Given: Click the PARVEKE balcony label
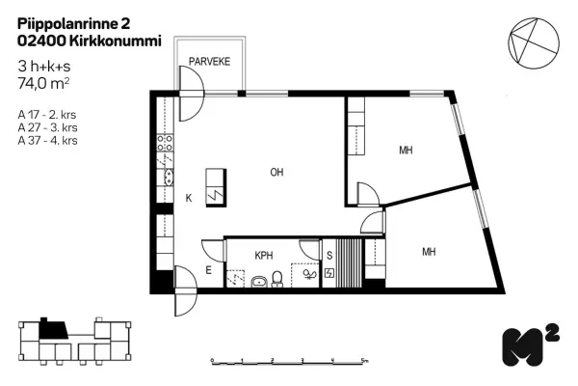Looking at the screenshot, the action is click(x=209, y=62).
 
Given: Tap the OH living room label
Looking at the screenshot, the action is click(x=276, y=172).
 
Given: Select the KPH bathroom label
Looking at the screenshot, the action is click(x=264, y=255).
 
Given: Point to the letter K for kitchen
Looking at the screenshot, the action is click(x=189, y=199).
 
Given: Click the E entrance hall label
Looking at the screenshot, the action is click(x=209, y=270).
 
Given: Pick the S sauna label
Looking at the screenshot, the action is click(x=329, y=255).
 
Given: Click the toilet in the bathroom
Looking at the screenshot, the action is click(x=276, y=279).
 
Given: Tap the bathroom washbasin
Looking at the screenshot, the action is click(x=260, y=282).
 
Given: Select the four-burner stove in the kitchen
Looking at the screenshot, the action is click(x=165, y=143).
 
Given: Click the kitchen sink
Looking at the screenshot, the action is click(x=169, y=178).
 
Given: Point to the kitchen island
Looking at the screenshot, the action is click(x=216, y=187).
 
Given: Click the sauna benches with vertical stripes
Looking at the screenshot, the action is click(x=349, y=263).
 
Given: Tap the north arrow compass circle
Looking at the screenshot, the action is click(x=534, y=43).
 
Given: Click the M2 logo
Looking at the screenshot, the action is click(x=531, y=345).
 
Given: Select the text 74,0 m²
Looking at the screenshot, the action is click(x=43, y=84).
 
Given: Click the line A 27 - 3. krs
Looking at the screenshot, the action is click(x=47, y=127).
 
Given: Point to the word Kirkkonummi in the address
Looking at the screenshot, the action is click(x=115, y=41).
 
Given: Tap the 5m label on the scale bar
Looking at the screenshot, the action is click(x=364, y=360).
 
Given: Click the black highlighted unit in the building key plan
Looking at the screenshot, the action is click(x=53, y=329).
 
